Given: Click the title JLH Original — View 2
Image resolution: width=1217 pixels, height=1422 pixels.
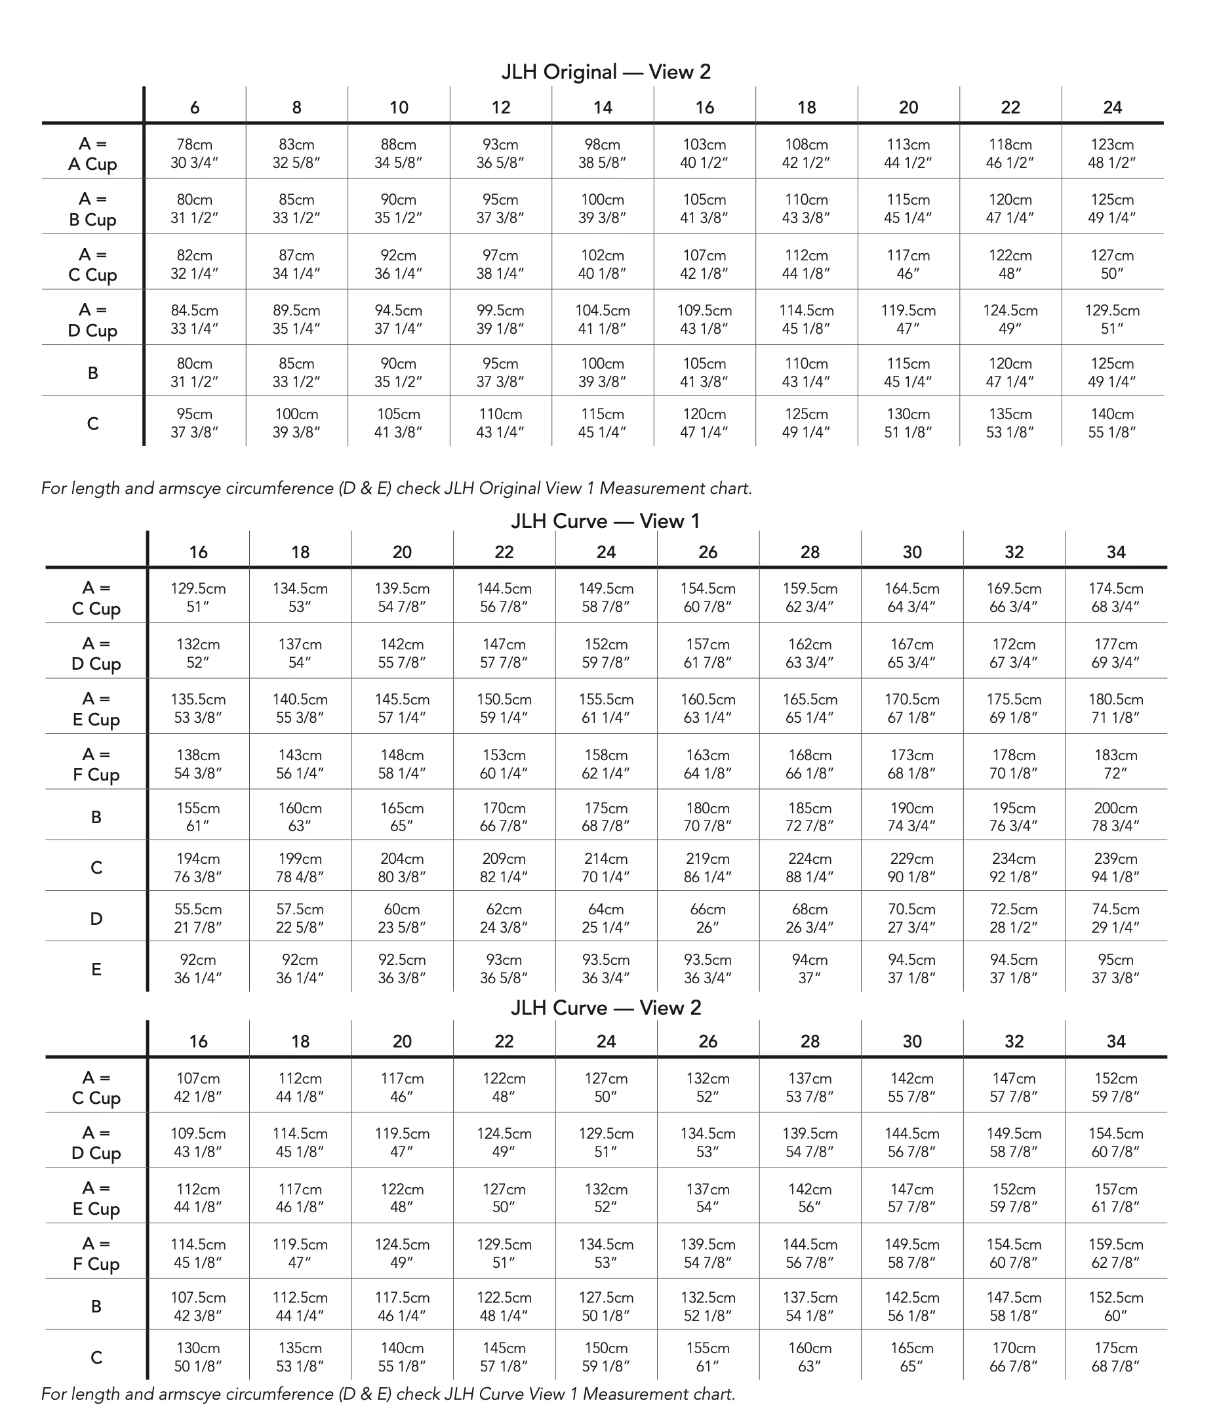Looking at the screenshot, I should [606, 72].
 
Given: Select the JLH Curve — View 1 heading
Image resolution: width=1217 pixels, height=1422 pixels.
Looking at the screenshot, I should [606, 521].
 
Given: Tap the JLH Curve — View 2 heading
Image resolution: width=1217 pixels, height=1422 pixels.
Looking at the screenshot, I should [606, 1007].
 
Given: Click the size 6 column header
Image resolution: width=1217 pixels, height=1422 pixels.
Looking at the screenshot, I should [195, 107].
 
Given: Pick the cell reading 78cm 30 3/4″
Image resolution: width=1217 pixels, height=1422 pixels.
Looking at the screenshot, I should [195, 153].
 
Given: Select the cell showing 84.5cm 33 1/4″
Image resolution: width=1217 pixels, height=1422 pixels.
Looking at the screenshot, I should [195, 319].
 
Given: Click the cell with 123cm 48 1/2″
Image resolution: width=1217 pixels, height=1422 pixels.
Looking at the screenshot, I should [1111, 153].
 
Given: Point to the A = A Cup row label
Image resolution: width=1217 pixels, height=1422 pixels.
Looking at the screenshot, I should [92, 153].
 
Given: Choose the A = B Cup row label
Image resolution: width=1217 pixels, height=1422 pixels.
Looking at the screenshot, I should [92, 209].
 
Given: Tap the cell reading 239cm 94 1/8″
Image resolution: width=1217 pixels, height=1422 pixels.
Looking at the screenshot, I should [1115, 868].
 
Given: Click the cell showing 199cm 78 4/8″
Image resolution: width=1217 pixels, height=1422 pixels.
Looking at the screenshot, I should [300, 868].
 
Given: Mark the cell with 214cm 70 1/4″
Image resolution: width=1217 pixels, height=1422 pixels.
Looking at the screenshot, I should [606, 868].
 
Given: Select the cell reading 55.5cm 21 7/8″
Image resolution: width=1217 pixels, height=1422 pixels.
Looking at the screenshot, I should [198, 918].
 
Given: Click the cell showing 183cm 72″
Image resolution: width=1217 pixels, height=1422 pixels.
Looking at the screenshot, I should [1115, 764].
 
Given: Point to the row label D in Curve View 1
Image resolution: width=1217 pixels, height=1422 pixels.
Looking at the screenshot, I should [96, 918].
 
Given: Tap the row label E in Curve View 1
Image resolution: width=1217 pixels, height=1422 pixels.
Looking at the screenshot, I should [96, 969].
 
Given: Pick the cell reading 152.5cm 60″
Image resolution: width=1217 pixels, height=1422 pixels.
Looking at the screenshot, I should [1115, 1307].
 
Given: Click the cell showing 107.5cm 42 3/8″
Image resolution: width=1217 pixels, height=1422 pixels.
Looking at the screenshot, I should [198, 1307].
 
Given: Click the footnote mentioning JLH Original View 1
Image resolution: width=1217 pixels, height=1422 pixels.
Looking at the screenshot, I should [397, 489].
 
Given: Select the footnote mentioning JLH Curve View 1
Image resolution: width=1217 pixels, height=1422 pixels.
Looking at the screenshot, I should [388, 1394].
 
